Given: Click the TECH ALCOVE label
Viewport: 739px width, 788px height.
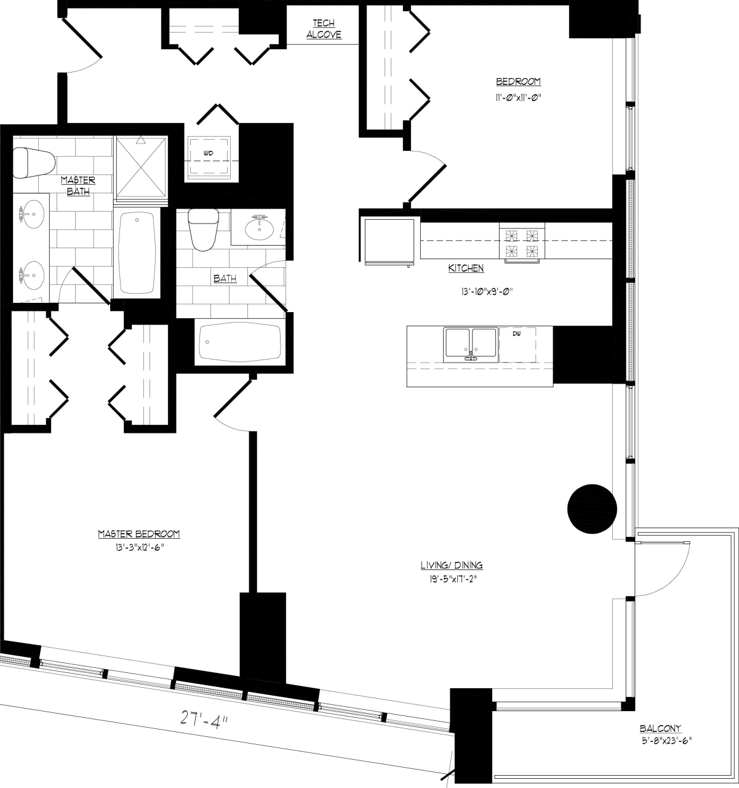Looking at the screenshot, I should tap(324, 29).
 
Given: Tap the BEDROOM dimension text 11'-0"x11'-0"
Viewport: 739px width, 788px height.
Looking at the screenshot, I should tap(518, 97).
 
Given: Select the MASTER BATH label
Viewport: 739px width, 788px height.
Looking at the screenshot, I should tap(78, 185).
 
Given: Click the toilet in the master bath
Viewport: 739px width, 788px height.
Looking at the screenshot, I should tap(32, 163).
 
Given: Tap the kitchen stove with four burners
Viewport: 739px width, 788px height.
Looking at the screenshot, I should tap(522, 243).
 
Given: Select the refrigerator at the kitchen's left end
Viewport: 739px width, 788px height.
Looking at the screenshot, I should tap(389, 241).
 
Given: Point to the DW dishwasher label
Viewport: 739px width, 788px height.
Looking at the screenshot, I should tap(516, 334).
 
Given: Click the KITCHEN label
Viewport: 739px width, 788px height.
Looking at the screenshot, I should tap(466, 268).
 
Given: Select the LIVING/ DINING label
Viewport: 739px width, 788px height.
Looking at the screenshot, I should tap(452, 565).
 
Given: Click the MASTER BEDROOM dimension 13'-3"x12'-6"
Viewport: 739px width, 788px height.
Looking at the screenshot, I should tap(139, 547).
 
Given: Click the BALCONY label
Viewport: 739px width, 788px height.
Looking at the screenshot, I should tap(660, 728).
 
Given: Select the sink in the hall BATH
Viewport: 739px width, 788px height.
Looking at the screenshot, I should tap(259, 229).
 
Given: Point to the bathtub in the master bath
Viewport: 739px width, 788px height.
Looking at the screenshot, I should tap(137, 252).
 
